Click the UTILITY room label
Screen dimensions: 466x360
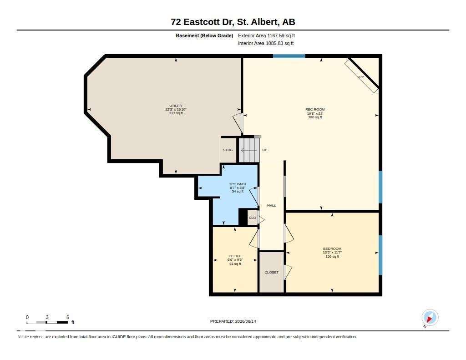coord(176,106)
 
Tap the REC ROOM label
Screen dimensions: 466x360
coord(315,109)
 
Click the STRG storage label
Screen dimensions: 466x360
coord(228,150)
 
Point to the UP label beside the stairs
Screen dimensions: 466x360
coord(264,150)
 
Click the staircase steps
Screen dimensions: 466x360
coord(249,150)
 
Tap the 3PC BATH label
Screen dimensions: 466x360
coord(238,184)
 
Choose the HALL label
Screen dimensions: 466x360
coord(271,205)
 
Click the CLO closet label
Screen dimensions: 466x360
coord(252,218)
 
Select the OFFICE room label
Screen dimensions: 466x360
coord(235,256)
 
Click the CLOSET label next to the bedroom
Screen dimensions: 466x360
coord(272,272)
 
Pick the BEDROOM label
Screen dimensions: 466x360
coord(332,249)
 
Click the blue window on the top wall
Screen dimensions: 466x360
coord(289,56)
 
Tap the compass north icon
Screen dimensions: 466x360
coord(430,318)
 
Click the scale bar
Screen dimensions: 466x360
coord(47,322)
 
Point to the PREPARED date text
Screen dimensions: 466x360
coord(233,321)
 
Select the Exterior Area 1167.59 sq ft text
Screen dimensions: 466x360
coord(266,35)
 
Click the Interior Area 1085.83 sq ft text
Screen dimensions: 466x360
coord(266,43)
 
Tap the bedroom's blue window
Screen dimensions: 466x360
coord(380,255)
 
